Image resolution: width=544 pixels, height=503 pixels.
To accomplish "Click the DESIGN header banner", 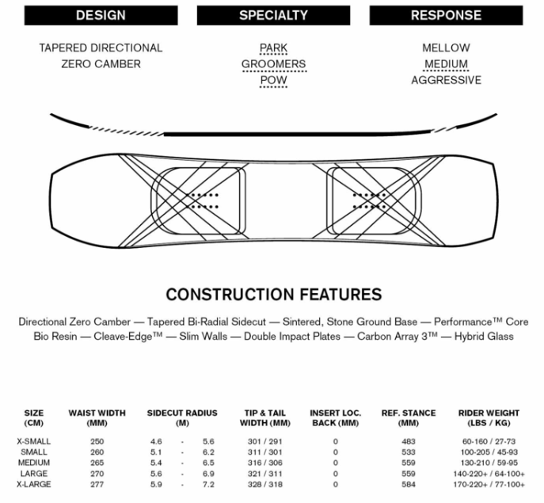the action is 101,15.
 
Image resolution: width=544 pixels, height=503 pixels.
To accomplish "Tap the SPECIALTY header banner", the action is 273,15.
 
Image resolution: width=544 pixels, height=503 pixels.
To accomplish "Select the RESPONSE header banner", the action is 446,15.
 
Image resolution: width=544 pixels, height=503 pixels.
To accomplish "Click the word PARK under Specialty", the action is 273,48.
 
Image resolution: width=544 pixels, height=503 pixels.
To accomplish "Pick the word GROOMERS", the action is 274,64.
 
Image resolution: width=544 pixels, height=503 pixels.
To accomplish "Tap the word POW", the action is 273,80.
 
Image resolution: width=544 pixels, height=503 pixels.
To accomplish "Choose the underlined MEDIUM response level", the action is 446,64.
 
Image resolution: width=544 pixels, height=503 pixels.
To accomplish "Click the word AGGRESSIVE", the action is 446,80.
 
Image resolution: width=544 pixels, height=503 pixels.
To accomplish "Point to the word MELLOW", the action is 446,48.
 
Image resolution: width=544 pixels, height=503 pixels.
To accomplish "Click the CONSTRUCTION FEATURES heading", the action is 274,295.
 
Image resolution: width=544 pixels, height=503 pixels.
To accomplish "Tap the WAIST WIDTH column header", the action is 97,418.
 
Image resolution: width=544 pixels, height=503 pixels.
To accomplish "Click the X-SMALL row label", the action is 33,441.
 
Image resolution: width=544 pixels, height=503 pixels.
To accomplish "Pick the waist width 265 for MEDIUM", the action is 97,463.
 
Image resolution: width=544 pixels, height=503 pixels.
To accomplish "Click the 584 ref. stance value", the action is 409,484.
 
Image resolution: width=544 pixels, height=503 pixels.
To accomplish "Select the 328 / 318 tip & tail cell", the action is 265,484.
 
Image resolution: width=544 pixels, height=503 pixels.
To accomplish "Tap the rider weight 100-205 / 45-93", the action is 489,452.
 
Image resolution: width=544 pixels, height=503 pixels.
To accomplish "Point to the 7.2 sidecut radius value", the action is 208,484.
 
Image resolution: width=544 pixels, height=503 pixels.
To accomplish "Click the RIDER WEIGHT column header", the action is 489,418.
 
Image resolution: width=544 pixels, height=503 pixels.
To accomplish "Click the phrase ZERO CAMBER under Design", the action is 101,64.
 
